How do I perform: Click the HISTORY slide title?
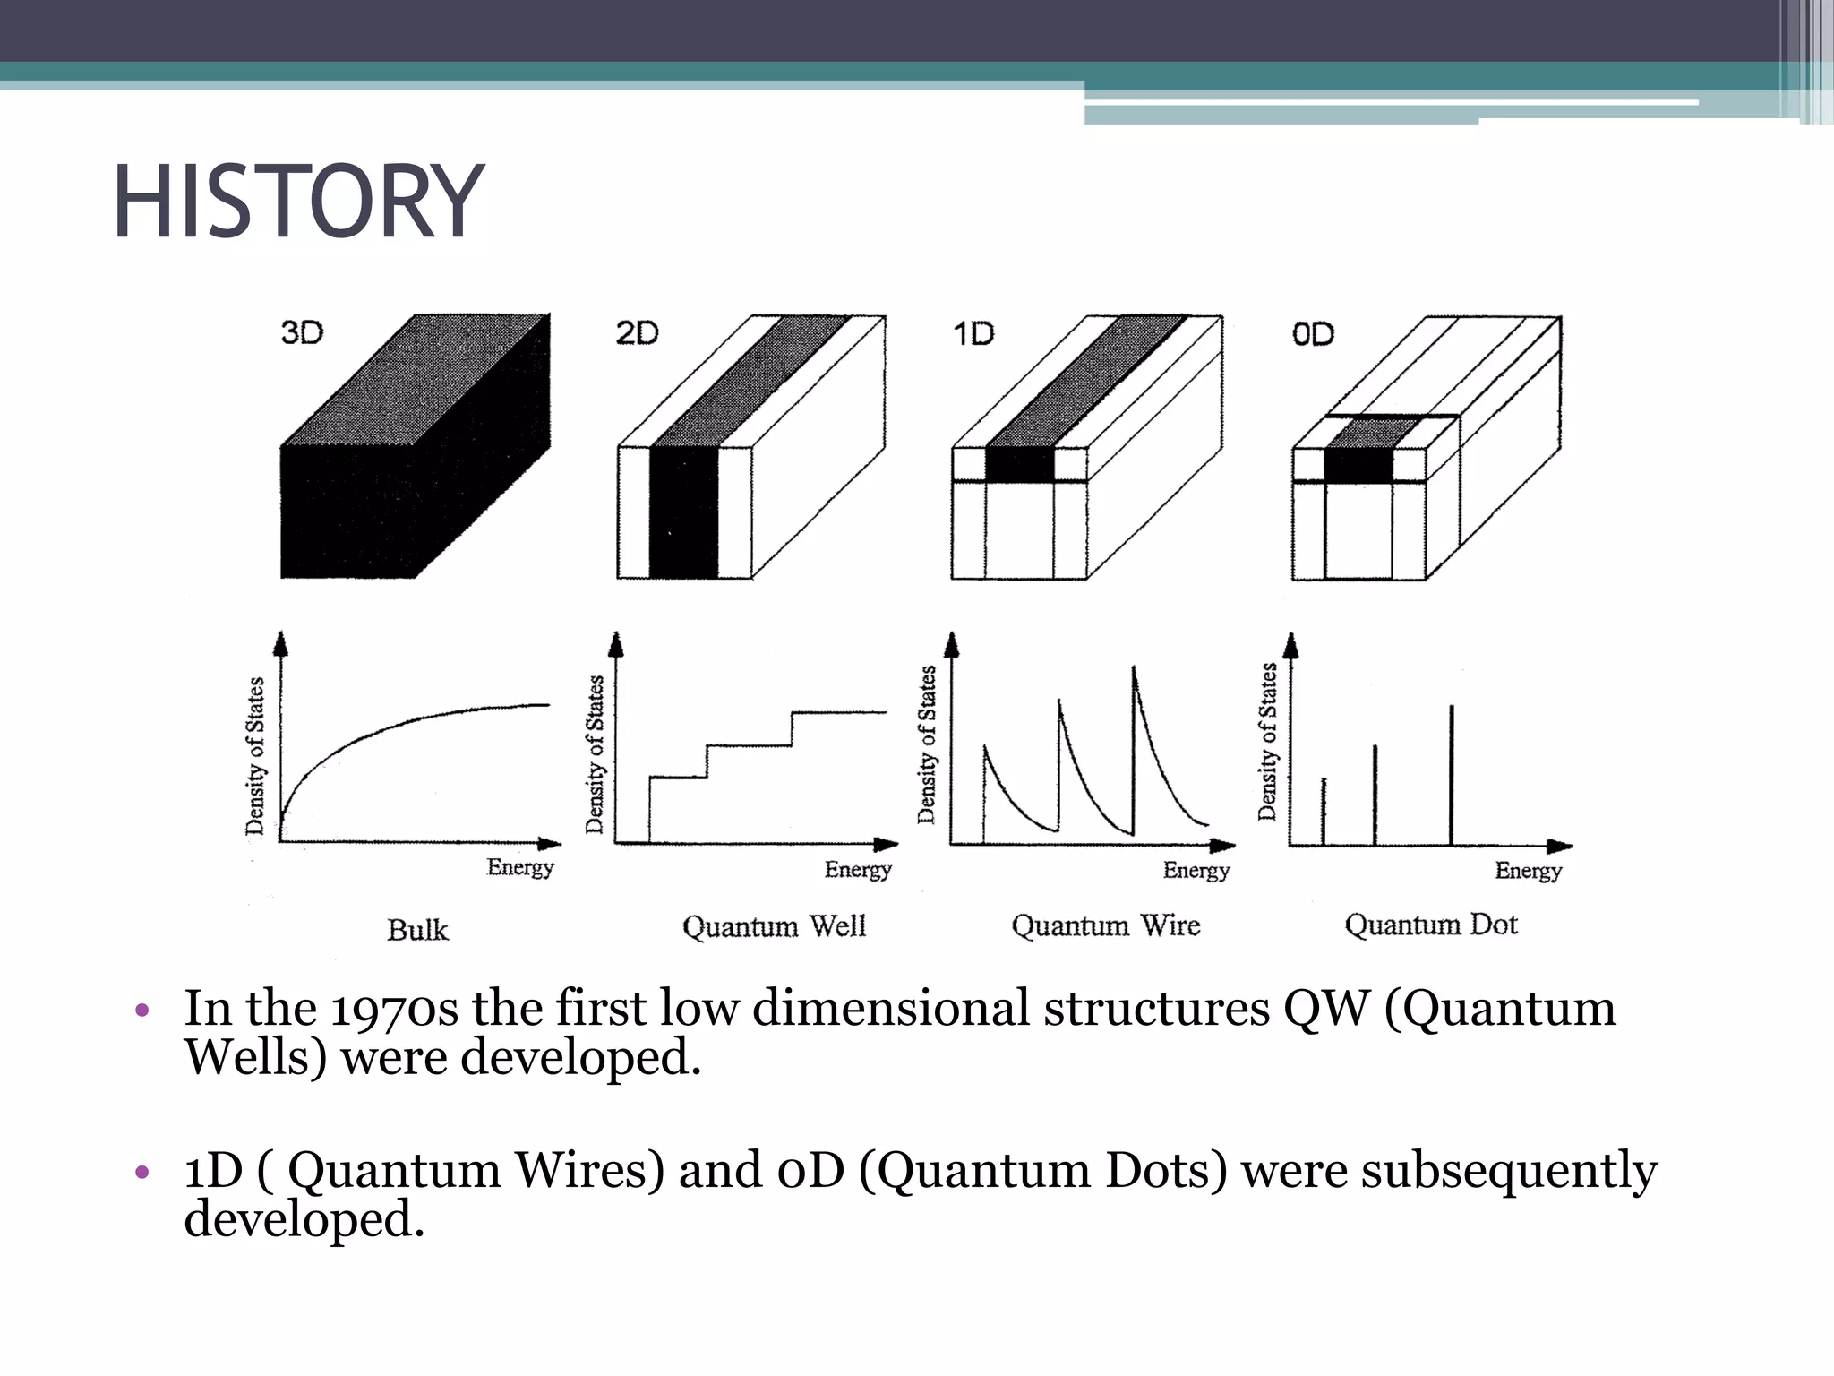point(298,202)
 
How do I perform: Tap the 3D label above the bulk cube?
point(302,333)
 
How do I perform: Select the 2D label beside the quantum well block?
point(637,333)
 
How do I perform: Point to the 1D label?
point(973,334)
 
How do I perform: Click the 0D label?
point(1313,334)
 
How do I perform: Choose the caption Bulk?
point(417,930)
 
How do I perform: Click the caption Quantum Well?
point(774,926)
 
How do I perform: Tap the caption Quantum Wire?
point(1106,925)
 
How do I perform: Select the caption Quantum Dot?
point(1431,924)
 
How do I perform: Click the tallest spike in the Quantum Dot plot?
point(1452,770)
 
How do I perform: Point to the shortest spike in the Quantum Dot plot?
point(1324,811)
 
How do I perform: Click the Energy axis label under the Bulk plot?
point(520,867)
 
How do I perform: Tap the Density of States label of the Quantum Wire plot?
point(927,744)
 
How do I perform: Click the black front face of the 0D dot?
point(1358,467)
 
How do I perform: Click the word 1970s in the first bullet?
point(394,1010)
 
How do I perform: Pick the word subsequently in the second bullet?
point(1509,1171)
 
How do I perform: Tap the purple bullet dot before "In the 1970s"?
point(141,1011)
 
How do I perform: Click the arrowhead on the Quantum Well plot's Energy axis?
point(887,844)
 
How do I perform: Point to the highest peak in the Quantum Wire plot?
point(1134,670)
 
